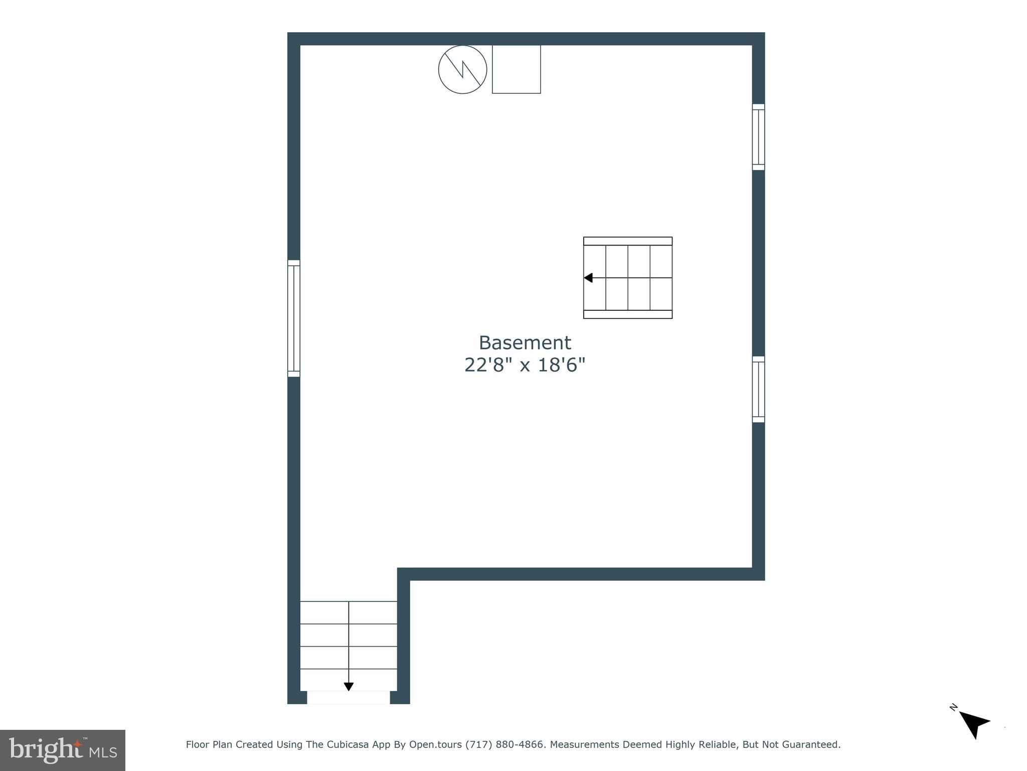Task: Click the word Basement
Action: point(525,343)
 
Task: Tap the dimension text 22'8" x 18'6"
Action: point(525,365)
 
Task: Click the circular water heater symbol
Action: point(462,69)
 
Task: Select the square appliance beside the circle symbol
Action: point(516,69)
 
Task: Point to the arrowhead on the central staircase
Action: point(588,278)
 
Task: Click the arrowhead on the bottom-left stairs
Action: point(349,687)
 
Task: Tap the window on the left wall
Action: point(294,318)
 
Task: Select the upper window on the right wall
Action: point(758,137)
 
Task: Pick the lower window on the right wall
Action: point(758,389)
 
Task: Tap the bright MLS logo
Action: point(63,750)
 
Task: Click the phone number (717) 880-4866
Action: point(504,744)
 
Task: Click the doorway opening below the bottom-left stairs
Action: point(349,698)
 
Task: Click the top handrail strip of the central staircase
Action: point(627,241)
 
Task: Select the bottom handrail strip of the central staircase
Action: point(627,314)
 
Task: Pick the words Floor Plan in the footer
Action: point(209,744)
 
